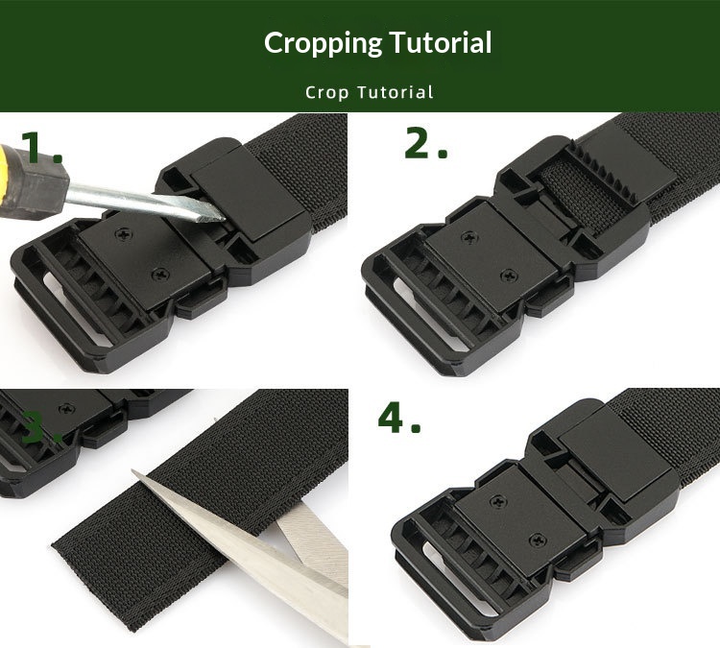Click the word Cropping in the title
pyautogui.click(x=323, y=44)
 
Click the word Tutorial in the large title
pyautogui.click(x=441, y=42)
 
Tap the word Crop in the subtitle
pyautogui.click(x=327, y=93)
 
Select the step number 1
pyautogui.click(x=41, y=147)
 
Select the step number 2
pyautogui.click(x=425, y=143)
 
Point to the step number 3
pyautogui.click(x=41, y=427)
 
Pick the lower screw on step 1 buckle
pyautogui.click(x=160, y=275)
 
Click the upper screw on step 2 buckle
pyautogui.click(x=469, y=237)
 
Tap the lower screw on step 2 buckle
pyautogui.click(x=508, y=276)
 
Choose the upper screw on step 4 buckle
pyautogui.click(x=497, y=501)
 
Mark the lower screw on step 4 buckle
pyautogui.click(x=538, y=540)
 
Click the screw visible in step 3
pyautogui.click(x=67, y=408)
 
